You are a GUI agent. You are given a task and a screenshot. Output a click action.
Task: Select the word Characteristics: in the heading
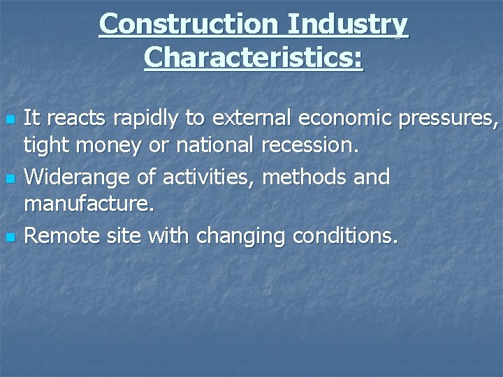(x=254, y=58)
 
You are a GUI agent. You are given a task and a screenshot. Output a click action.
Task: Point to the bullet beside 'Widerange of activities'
(x=9, y=179)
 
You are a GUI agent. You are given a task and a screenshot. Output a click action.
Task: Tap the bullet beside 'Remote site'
(x=9, y=237)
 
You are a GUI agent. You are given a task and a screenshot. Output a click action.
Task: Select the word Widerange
(x=76, y=178)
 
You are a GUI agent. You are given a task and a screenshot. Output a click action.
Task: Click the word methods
(x=305, y=177)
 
